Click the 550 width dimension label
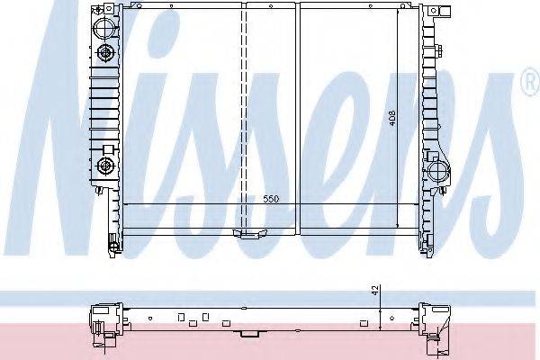[x=270, y=199]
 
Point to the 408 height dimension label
[x=392, y=118]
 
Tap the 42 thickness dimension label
[x=375, y=290]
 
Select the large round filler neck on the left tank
[x=103, y=27]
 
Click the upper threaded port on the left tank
[x=104, y=53]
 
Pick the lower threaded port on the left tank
[x=104, y=166]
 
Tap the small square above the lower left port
[x=108, y=149]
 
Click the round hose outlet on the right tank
[x=438, y=170]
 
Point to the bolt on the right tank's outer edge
[x=439, y=51]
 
